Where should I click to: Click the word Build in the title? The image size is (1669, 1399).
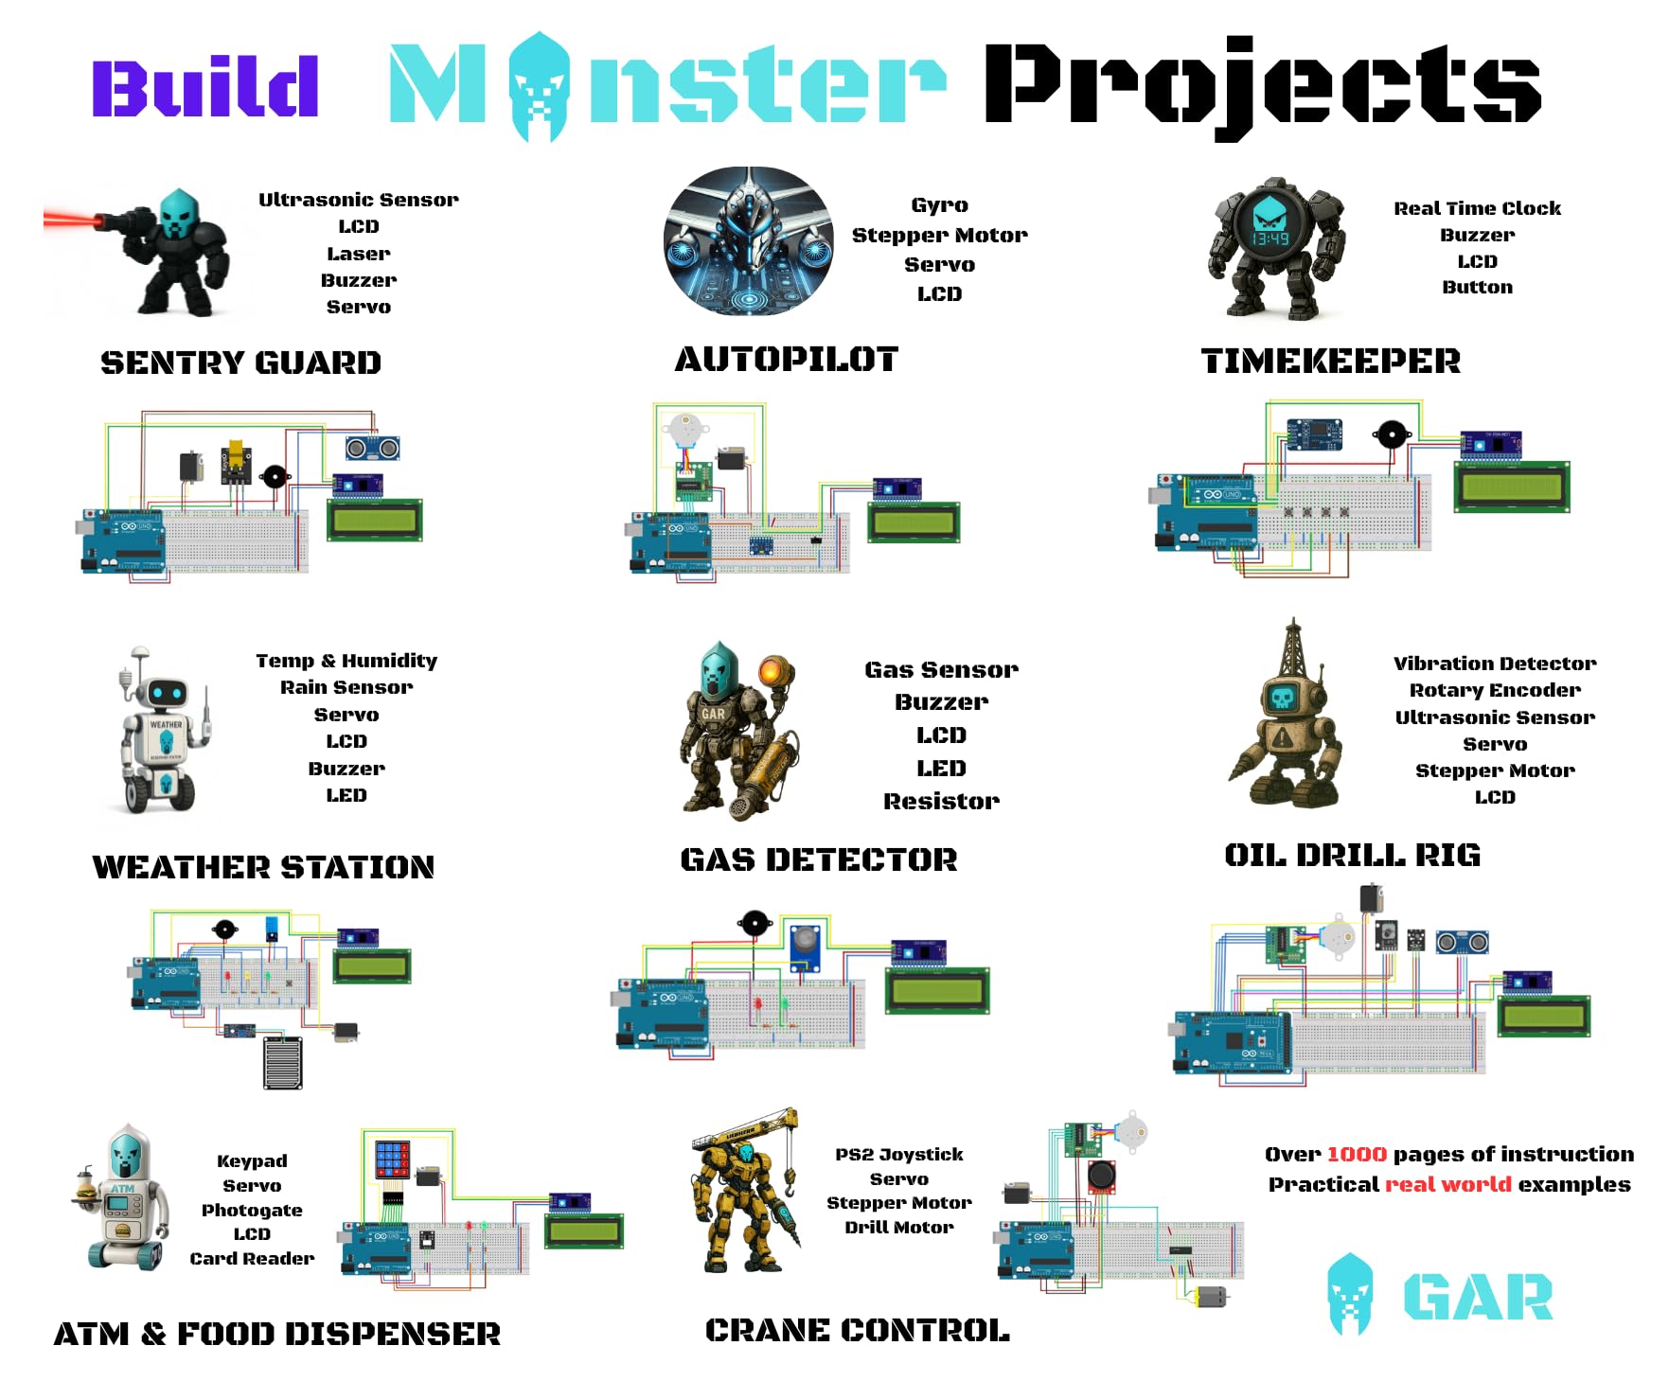(204, 87)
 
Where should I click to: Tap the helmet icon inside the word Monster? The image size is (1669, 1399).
(540, 85)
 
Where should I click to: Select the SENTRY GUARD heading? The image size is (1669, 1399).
(240, 363)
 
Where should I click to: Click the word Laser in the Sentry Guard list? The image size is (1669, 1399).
(358, 254)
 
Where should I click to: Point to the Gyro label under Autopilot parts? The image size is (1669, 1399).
(939, 205)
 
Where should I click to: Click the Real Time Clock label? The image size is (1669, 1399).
(1477, 208)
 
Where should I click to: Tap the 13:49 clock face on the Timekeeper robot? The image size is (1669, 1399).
(1270, 238)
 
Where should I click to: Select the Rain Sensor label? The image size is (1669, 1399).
(346, 687)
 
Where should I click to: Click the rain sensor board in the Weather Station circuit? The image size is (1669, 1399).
(282, 1062)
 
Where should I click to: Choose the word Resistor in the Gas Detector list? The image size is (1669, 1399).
(941, 802)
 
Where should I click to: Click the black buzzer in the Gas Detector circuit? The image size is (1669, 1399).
(755, 922)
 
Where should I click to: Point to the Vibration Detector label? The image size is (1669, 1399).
(1494, 664)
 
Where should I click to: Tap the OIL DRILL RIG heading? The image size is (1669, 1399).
(1352, 856)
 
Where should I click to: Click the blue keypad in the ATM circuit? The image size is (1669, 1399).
(392, 1158)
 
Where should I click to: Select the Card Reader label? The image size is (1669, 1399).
(252, 1259)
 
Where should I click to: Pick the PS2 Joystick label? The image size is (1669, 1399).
(899, 1155)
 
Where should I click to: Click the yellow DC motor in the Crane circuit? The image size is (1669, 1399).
(1209, 1296)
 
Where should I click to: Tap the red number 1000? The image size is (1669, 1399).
(1356, 1155)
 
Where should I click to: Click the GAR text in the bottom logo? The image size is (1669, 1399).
(1477, 1297)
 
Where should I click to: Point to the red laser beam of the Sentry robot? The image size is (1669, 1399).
(70, 221)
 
